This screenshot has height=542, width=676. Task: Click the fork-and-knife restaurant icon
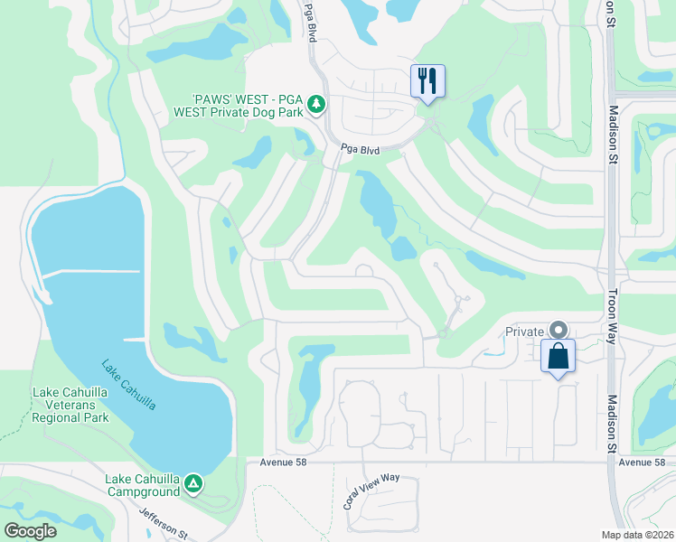(x=426, y=80)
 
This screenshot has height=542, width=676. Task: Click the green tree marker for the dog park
(x=315, y=106)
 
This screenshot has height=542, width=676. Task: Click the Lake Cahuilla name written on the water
(x=128, y=385)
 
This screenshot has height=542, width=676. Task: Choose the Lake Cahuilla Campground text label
(x=142, y=485)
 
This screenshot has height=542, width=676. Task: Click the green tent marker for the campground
(x=192, y=485)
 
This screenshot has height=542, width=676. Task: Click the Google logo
(x=30, y=530)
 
